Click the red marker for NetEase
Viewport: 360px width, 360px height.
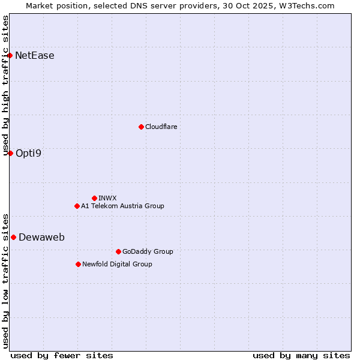coord(10,56)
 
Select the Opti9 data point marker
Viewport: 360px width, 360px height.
coord(10,153)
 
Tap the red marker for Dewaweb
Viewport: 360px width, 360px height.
coord(13,237)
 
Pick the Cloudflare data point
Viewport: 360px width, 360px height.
coord(141,127)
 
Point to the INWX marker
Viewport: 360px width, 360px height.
coord(94,198)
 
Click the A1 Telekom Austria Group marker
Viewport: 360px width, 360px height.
coord(77,206)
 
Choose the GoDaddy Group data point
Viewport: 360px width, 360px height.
coord(118,251)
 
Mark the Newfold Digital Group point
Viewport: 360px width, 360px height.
coord(78,264)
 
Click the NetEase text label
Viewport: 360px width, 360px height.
coord(35,56)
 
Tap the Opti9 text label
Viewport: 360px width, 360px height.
coord(29,153)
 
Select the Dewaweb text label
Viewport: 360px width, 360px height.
coord(41,237)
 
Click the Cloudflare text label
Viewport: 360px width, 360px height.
coord(161,127)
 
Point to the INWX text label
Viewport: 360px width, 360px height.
coord(107,198)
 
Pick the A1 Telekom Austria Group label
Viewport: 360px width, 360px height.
coord(122,206)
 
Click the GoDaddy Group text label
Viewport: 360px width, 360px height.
coord(148,251)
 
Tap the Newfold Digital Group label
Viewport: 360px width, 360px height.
coord(117,264)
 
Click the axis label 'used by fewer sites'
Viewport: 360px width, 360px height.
coord(62,355)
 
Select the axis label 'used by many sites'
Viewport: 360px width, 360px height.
coord(301,355)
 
